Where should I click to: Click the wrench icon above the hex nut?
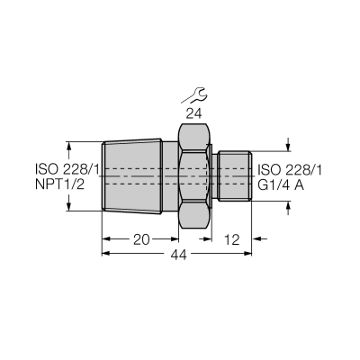(x=193, y=95)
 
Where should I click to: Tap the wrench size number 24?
(x=193, y=114)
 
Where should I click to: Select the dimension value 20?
(x=141, y=239)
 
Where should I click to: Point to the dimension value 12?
(x=232, y=239)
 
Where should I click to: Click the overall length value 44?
(x=179, y=255)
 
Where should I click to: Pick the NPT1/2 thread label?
(x=59, y=184)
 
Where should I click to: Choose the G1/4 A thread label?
(x=281, y=185)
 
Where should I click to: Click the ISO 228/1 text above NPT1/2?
(x=67, y=169)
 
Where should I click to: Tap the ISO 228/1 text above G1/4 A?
(x=290, y=170)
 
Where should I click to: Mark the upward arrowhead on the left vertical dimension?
(x=69, y=147)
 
